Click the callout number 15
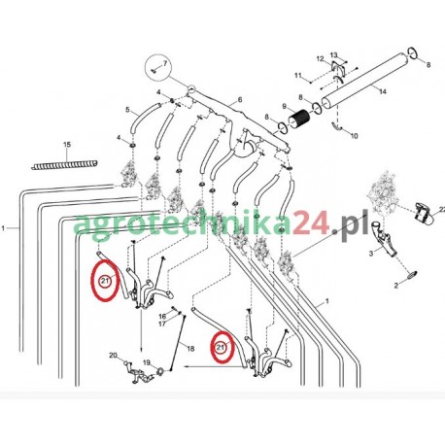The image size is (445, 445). pos(67,146)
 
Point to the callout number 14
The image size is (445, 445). pos(382,90)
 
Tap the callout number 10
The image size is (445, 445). pos(353,135)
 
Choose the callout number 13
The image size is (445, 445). pos(333,54)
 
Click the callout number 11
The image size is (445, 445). pos(298,76)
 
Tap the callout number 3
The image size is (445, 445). pos(371,253)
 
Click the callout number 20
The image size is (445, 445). pos(113,356)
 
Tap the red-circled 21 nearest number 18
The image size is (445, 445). pos(221,347)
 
